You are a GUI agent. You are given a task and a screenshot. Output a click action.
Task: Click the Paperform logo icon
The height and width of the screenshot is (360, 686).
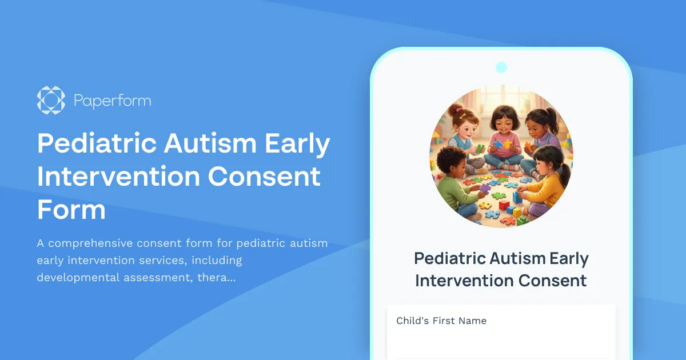(x=51, y=100)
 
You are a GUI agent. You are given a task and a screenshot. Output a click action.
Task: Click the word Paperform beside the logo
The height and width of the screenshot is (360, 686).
(x=112, y=101)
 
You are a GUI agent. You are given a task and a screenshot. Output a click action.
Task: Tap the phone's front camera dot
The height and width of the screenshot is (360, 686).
(x=501, y=67)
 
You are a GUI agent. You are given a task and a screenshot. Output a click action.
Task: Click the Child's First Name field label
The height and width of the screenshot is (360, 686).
(x=441, y=321)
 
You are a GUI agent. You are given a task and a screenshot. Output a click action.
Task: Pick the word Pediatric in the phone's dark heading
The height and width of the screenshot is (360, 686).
(x=450, y=258)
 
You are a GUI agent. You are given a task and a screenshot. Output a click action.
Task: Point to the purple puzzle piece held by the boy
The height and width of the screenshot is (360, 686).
(x=485, y=187)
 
